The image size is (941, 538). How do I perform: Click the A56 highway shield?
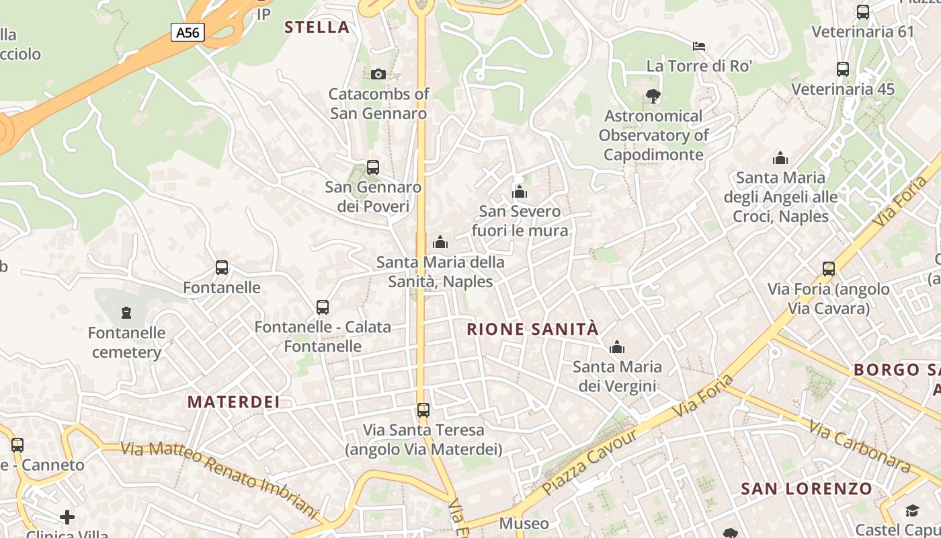pos(187,32)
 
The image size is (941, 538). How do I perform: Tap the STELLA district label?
pos(317,28)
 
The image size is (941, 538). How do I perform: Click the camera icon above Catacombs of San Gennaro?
pos(378,74)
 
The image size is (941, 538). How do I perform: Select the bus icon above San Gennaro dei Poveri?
pos(373,167)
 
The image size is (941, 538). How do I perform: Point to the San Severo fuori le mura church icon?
pos(520,192)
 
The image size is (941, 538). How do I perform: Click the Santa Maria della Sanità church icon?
pos(440,242)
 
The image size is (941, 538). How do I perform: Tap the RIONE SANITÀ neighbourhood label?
pos(532,330)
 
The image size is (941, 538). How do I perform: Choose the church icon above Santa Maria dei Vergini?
pos(616,348)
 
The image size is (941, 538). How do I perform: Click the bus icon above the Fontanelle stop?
pos(222,268)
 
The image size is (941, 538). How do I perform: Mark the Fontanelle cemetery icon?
pos(126,313)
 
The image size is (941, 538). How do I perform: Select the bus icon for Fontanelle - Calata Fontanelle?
pos(323,307)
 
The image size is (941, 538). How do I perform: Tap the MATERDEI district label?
pos(233,402)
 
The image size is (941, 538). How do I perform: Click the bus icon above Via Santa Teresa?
pos(423,410)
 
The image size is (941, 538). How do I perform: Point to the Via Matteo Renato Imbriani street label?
pos(218,478)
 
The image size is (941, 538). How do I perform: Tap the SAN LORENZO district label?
pos(807,489)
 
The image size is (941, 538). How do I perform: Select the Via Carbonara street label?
pos(860,445)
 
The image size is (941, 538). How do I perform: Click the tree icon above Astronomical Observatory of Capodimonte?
pos(653,97)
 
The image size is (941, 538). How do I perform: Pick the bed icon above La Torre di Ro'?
pos(699,46)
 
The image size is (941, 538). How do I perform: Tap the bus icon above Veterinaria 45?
pos(842,69)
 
